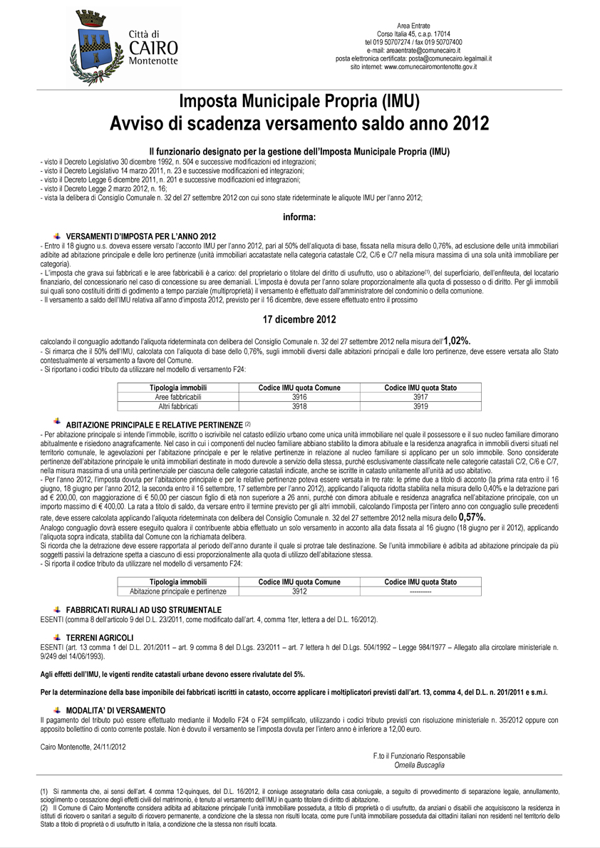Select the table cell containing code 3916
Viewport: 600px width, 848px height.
coord(299,396)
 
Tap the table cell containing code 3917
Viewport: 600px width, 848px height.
coord(420,396)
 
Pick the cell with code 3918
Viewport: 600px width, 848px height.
coord(299,405)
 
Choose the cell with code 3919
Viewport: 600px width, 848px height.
coord(420,405)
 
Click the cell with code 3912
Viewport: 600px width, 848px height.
coord(299,591)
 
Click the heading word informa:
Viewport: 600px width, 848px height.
coord(299,217)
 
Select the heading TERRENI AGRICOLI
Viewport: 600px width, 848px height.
coord(100,636)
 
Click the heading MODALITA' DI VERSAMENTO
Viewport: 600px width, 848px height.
coord(115,710)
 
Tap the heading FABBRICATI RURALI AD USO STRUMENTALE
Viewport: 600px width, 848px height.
coord(144,610)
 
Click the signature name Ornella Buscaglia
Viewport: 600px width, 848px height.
coord(419,765)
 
